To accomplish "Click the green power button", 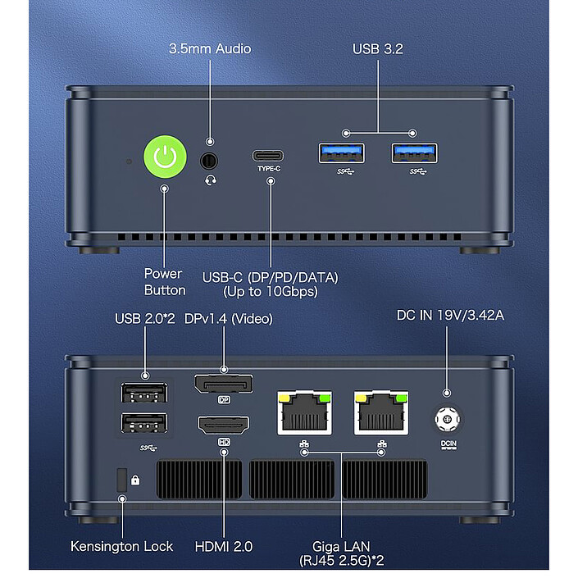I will (165, 157).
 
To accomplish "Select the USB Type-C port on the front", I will (270, 156).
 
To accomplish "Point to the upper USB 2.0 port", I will (144, 394).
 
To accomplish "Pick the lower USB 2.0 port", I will (144, 423).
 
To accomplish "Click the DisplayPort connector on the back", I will (223, 384).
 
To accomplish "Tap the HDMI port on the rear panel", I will (223, 426).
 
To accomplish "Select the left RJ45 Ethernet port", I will (304, 411).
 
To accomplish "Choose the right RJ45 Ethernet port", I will (381, 411).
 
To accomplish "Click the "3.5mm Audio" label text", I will (210, 48).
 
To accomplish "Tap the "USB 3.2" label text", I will (379, 48).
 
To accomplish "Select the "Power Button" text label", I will (165, 281).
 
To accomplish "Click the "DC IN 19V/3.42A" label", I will (449, 315).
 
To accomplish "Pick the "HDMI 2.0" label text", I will (224, 546).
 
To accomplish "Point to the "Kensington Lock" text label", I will (122, 546).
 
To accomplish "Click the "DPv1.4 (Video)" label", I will (229, 317).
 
